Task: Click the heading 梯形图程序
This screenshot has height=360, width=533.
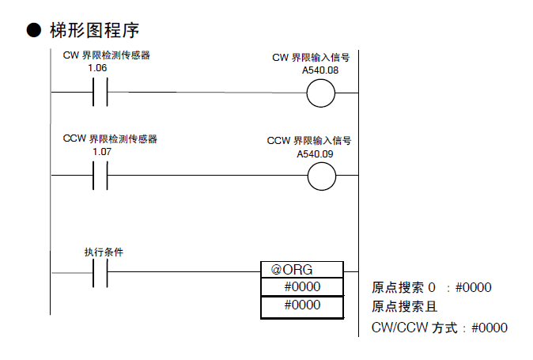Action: (94, 31)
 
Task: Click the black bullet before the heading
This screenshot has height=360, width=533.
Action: (33, 31)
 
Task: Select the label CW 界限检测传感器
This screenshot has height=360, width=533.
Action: (106, 55)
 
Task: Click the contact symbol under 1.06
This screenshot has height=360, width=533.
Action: (100, 93)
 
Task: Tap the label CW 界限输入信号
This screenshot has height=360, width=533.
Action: (311, 58)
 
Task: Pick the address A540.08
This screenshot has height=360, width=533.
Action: (320, 70)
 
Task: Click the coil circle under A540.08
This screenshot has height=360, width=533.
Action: (321, 93)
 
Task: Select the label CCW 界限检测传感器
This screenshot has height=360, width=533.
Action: (110, 139)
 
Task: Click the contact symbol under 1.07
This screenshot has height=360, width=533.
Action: (100, 176)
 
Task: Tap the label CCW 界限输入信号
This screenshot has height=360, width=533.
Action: (308, 141)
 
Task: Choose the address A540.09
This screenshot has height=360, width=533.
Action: (317, 153)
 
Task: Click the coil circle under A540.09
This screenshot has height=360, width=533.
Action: (321, 176)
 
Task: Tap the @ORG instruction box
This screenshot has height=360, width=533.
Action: (302, 270)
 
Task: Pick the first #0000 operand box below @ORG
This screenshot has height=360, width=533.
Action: (302, 287)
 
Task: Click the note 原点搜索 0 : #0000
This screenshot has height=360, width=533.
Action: (431, 287)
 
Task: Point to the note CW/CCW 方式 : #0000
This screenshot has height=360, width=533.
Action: (439, 328)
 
